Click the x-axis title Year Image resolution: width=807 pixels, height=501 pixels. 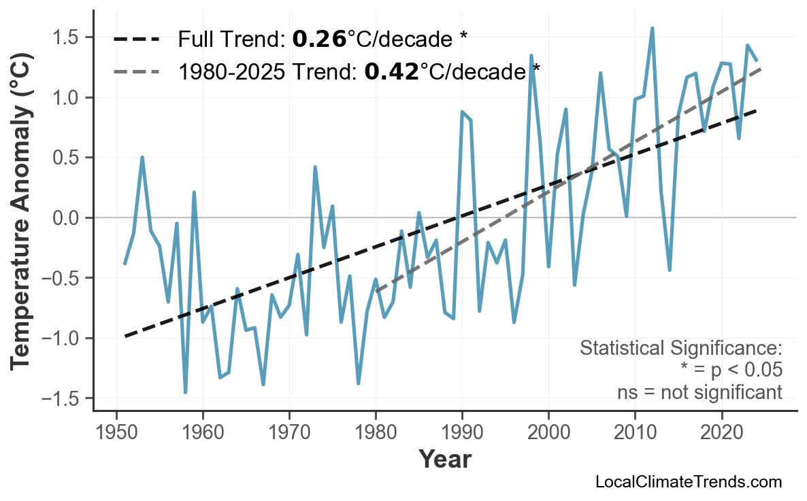444,460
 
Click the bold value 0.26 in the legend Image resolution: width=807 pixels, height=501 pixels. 319,39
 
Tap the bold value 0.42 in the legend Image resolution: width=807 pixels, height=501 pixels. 391,70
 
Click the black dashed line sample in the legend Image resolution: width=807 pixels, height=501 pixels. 136,39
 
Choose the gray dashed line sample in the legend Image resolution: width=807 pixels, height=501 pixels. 136,70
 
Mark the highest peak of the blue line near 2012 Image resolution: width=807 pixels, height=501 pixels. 652,29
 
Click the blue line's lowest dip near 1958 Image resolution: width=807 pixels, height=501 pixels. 185,392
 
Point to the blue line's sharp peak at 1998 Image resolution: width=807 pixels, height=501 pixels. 531,56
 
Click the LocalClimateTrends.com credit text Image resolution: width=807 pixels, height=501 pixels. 688,482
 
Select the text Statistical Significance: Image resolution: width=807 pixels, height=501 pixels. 680,349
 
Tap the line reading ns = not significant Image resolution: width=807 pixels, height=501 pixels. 699,392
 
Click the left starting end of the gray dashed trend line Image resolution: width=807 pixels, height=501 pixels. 376,290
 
